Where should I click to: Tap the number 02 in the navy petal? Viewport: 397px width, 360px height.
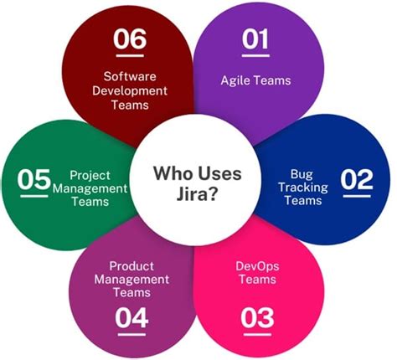(356, 180)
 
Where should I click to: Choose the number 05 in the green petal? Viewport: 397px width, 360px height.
(36, 180)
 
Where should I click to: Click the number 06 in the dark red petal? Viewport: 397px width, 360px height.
(130, 39)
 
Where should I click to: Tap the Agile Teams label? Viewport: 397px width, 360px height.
(256, 80)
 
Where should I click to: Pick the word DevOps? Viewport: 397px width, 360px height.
(258, 265)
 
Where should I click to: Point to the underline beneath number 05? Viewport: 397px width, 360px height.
(35, 195)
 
